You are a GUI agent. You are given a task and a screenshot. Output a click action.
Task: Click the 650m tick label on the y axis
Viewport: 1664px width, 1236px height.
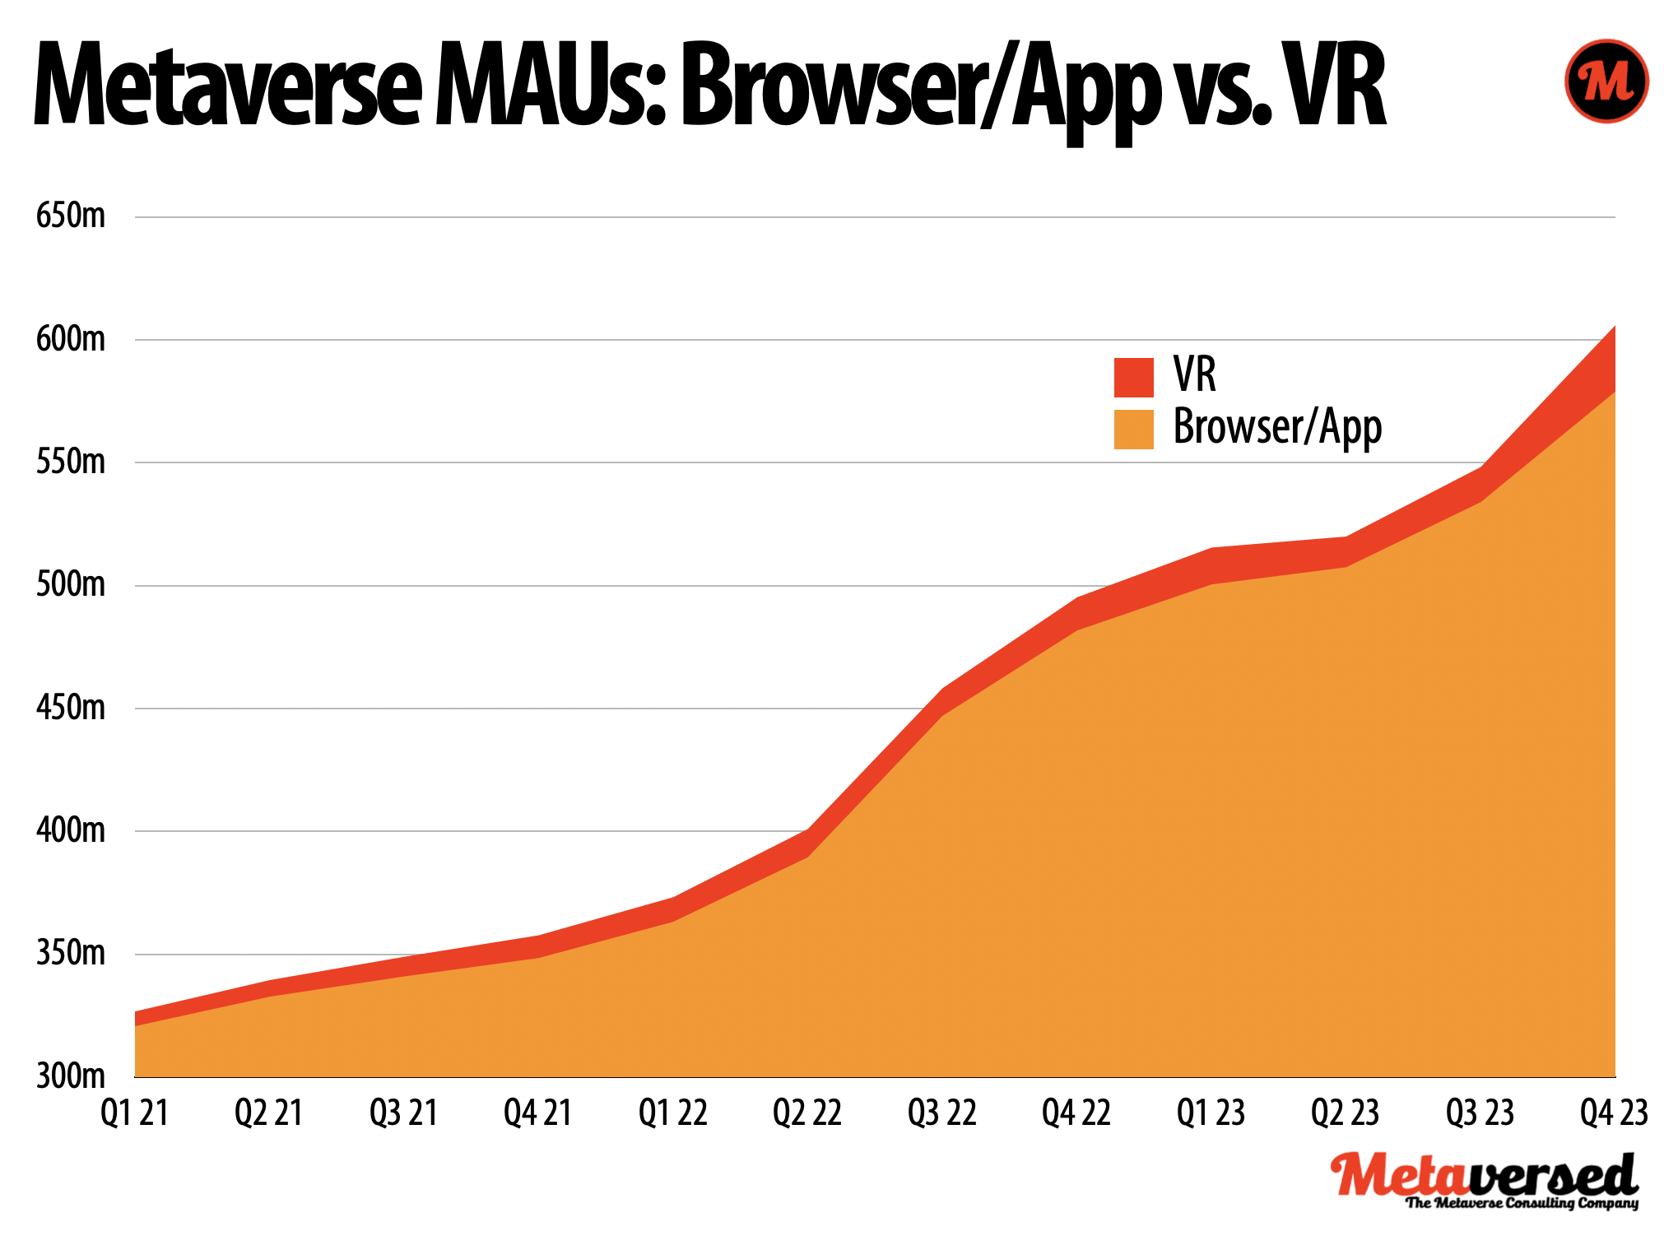[x=71, y=216]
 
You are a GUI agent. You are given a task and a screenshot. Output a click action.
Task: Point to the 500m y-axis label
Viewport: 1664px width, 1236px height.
[x=71, y=584]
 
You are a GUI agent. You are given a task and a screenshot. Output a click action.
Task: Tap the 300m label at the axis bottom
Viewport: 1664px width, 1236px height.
[x=71, y=1076]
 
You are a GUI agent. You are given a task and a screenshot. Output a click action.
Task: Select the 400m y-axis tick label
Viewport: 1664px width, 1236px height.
[x=71, y=829]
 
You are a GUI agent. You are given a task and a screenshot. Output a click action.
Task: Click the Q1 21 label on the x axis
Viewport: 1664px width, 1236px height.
[x=134, y=1113]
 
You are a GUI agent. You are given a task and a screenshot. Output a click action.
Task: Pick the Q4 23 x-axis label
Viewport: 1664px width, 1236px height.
[x=1614, y=1113]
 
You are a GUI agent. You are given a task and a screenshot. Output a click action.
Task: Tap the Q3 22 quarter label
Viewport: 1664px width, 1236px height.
[x=941, y=1113]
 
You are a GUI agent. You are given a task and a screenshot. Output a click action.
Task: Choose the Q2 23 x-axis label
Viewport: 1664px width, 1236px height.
[x=1345, y=1113]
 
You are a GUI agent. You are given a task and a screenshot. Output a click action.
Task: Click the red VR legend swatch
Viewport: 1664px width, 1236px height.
[x=1133, y=377]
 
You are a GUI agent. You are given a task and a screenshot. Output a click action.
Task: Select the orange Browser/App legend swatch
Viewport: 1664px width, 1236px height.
[x=1133, y=429]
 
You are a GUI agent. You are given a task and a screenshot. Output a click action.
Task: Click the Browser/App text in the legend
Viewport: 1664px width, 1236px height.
[x=1276, y=427]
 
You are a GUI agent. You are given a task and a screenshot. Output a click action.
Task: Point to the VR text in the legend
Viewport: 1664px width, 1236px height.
[x=1194, y=375]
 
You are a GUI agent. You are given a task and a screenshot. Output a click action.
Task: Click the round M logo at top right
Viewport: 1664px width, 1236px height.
[x=1606, y=81]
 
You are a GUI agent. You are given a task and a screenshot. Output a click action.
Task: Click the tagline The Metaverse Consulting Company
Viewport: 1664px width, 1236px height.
[x=1522, y=1203]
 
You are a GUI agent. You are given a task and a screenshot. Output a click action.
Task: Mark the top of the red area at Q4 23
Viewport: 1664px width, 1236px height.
[x=1614, y=328]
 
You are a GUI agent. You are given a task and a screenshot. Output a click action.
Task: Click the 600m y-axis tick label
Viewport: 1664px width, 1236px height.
[x=71, y=338]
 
